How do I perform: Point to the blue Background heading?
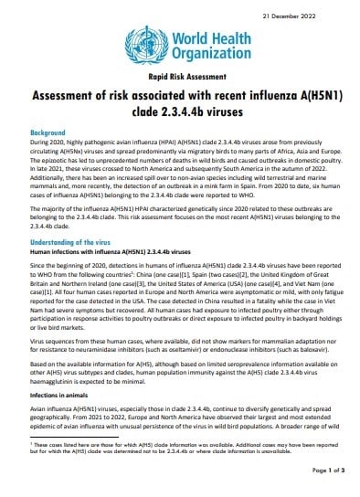pos(50,132)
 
